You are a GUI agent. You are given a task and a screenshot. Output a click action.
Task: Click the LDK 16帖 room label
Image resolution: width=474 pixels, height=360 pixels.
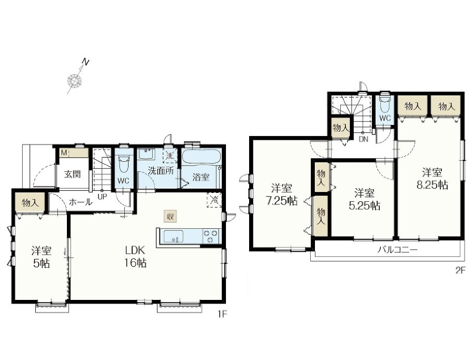point(136,257)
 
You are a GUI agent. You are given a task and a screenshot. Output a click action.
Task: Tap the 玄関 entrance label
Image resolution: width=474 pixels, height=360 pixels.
point(73,174)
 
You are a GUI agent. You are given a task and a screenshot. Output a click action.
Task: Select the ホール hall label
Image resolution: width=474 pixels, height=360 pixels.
point(81,202)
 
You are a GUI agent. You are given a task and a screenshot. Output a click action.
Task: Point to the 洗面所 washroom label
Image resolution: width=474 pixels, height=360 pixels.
point(161,171)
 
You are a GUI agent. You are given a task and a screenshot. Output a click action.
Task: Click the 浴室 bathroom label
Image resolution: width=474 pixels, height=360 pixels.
point(201,177)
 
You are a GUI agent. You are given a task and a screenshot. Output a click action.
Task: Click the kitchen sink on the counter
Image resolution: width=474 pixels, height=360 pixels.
point(173,236)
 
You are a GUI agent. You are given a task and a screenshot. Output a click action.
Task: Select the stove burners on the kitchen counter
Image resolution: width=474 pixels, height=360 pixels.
point(210,236)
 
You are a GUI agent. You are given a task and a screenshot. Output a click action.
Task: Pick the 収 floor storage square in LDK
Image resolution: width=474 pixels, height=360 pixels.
point(171,216)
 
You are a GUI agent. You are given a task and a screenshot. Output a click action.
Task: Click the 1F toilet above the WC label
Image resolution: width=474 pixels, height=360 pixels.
point(123,163)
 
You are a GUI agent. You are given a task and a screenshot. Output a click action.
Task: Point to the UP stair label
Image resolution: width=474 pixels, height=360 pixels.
point(102,197)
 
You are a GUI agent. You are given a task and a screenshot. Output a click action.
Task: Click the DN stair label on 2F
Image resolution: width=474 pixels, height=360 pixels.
point(363,139)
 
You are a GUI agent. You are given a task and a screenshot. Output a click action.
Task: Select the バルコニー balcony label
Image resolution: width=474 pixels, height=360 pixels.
point(398,250)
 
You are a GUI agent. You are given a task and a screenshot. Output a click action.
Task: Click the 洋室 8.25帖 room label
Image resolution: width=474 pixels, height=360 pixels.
point(432,179)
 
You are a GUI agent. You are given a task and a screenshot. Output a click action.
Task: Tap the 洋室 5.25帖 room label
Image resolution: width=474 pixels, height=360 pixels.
point(364,199)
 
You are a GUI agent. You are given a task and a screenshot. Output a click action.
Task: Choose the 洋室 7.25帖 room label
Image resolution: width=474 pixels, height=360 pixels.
point(281,194)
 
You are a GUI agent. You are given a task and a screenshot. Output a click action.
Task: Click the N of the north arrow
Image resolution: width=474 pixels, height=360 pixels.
point(86,62)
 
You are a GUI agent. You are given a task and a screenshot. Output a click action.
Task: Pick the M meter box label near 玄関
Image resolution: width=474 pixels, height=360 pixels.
point(64,153)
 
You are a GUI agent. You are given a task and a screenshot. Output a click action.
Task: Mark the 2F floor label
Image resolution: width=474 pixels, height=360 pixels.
point(460,270)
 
